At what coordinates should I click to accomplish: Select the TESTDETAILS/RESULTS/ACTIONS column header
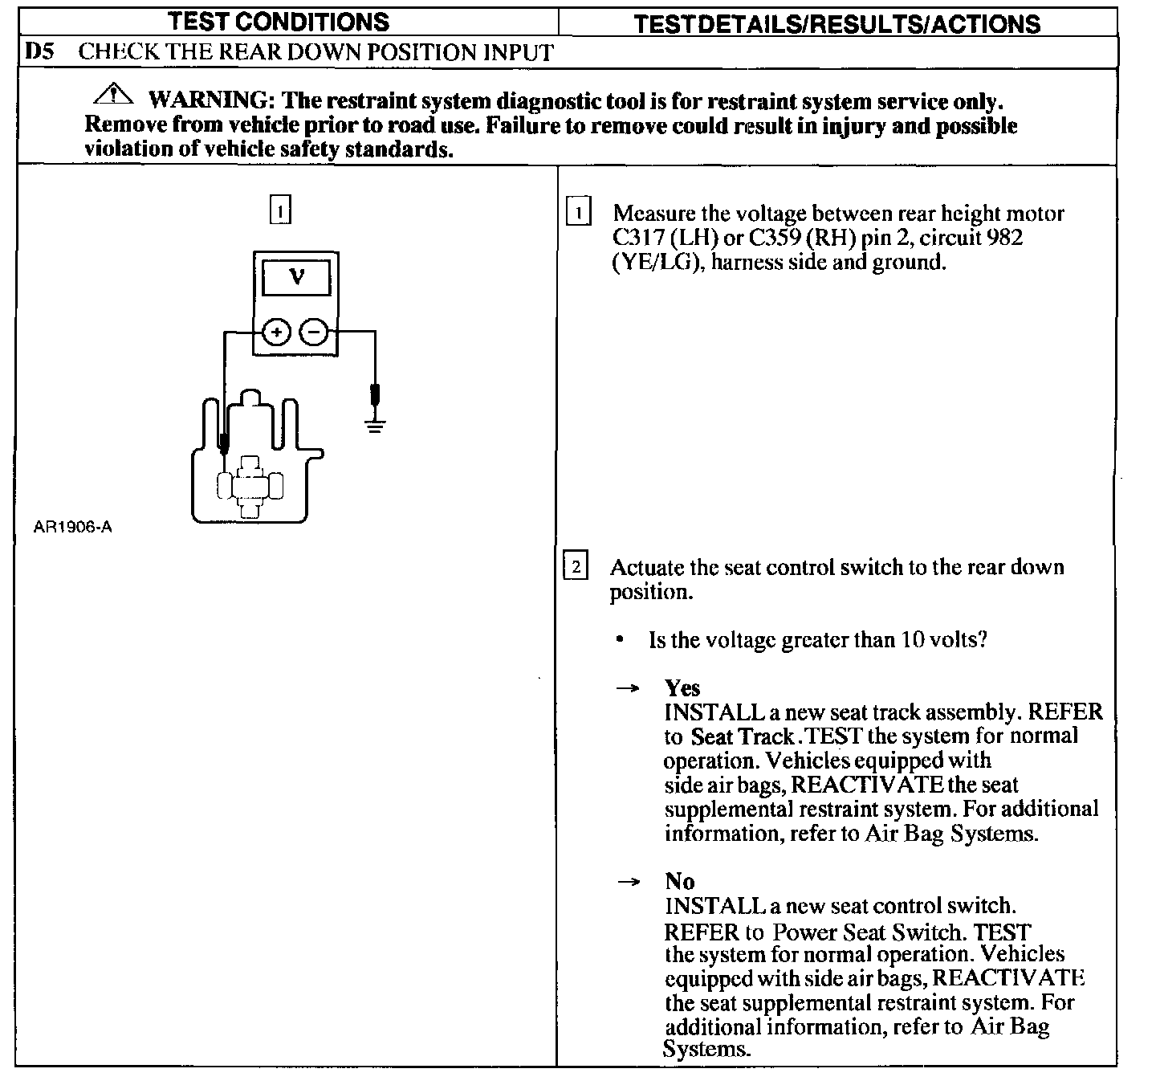coord(836,24)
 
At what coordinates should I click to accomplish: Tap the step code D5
coord(40,53)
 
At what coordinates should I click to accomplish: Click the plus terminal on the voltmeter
coord(275,332)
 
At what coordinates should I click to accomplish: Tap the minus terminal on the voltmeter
coord(315,332)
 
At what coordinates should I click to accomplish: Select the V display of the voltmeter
coord(296,278)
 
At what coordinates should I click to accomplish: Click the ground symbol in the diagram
coord(374,425)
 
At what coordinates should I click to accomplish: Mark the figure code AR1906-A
coord(72,528)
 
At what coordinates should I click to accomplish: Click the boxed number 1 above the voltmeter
coord(279,210)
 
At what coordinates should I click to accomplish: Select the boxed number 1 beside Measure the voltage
coord(578,214)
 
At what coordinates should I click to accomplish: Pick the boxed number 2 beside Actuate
coord(576,567)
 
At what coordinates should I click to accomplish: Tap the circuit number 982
coord(1007,238)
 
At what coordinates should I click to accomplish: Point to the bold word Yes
coord(682,688)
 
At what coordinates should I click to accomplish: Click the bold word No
coord(679,882)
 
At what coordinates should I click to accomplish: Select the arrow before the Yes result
coord(628,689)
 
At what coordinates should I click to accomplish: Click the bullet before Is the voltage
coord(620,640)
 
